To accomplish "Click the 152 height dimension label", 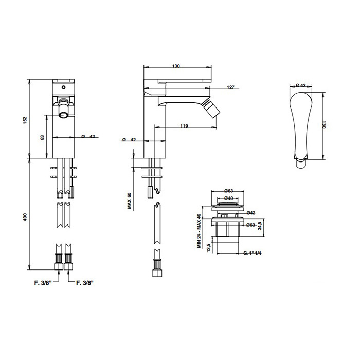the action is click(25, 120).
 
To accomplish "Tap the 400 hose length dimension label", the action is click(25, 217).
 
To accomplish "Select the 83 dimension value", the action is click(42, 137).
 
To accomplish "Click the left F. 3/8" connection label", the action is click(43, 283).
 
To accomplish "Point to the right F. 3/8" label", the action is click(85, 283).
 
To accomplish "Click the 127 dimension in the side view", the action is click(230, 87).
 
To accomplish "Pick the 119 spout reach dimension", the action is click(184, 126).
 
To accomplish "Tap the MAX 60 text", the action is click(129, 201).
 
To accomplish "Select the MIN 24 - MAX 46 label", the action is click(199, 231).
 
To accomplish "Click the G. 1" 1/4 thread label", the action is click(253, 253).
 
